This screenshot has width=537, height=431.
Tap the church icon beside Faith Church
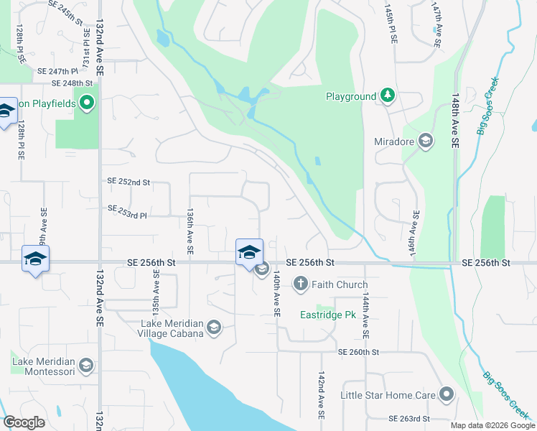pyautogui.click(x=300, y=285)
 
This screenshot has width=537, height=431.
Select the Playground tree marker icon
pyautogui.click(x=388, y=96)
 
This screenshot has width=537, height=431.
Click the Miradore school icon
pyautogui.click(x=425, y=141)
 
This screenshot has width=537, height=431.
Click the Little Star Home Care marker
pyautogui.click(x=447, y=394)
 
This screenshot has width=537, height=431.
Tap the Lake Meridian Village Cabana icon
pyautogui.click(x=213, y=328)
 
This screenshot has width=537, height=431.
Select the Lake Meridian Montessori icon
pyautogui.click(x=86, y=366)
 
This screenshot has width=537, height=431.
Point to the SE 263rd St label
pyautogui.click(x=408, y=418)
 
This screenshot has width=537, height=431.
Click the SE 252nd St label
pyautogui.click(x=129, y=182)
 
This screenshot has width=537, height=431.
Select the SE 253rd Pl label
pyautogui.click(x=127, y=212)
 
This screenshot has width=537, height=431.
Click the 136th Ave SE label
pyautogui.click(x=190, y=232)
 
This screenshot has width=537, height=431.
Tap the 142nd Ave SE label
pyautogui.click(x=321, y=396)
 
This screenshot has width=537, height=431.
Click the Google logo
pyautogui.click(x=24, y=422)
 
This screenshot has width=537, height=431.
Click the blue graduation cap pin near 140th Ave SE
pyautogui.click(x=249, y=251)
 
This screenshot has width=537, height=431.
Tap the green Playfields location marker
pyautogui.click(x=87, y=103)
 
